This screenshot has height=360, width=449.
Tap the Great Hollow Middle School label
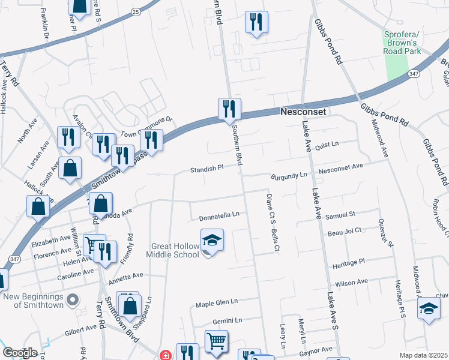pyautogui.click(x=173, y=250)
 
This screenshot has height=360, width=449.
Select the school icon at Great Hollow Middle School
pyautogui.click(x=212, y=241)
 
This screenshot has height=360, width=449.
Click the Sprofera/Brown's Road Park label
pyautogui.click(x=401, y=43)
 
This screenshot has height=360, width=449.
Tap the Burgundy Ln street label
pyautogui.click(x=289, y=176)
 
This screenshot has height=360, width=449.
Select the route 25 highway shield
pyautogui.click(x=136, y=11)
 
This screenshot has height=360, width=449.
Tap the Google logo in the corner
pyautogui.click(x=20, y=352)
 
